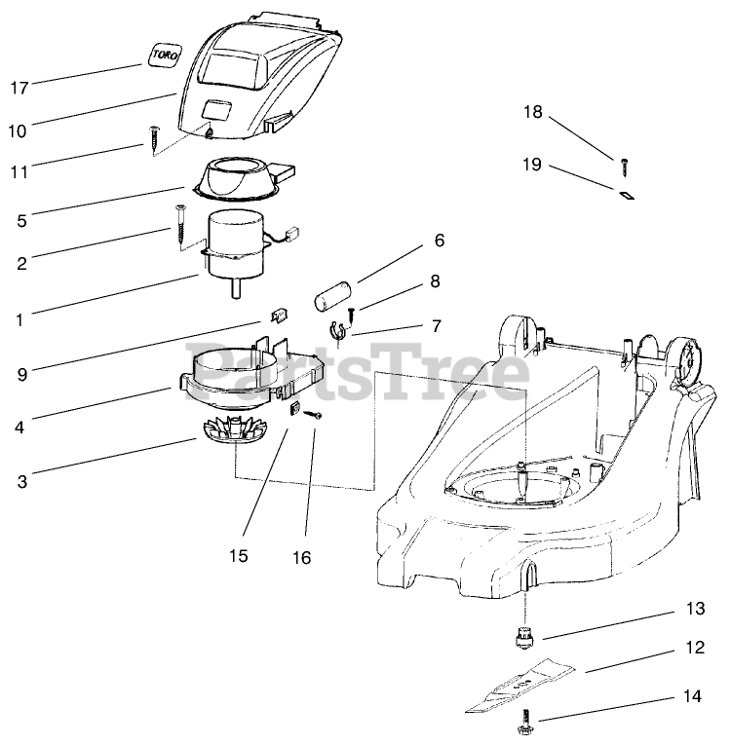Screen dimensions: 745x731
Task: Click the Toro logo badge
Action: pos(162,56)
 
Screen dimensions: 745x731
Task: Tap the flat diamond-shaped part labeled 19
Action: pos(625,193)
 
